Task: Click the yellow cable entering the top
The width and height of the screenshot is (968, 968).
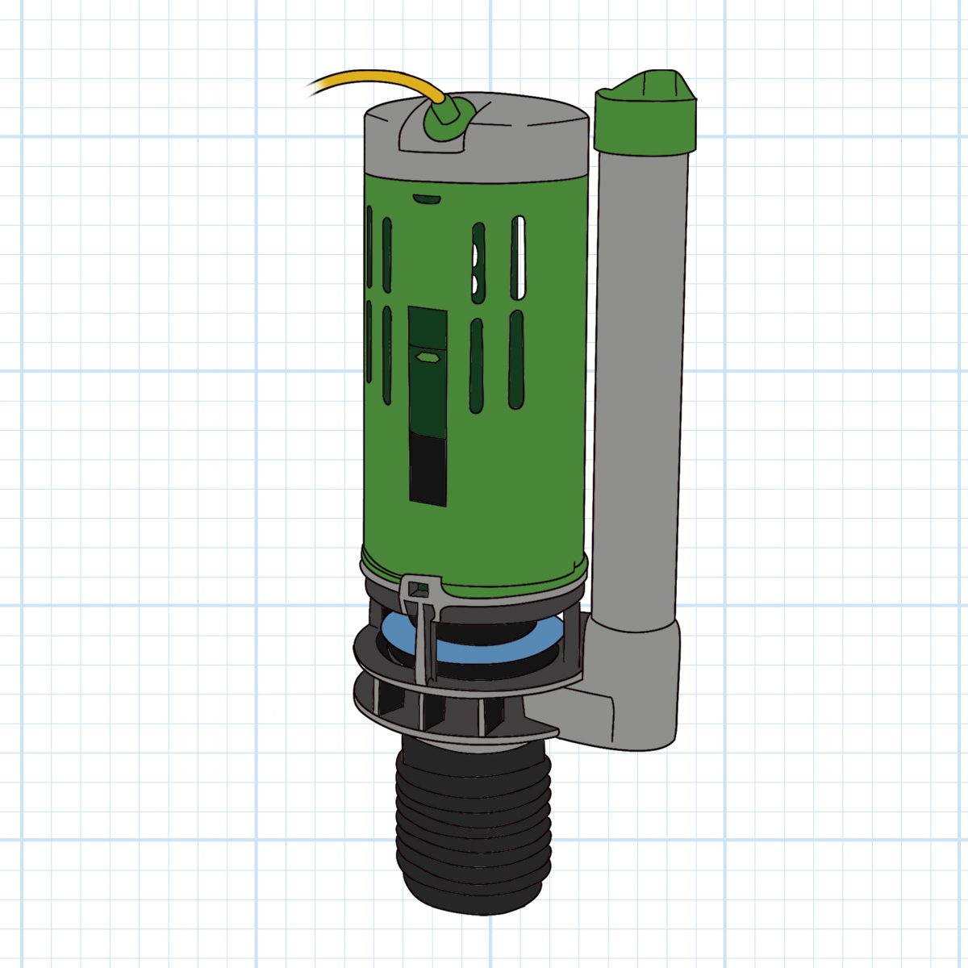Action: [x=379, y=77]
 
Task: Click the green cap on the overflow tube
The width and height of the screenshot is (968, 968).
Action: [x=645, y=121]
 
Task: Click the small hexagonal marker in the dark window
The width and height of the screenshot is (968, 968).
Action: [x=425, y=354]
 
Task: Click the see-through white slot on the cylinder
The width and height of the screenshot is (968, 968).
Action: [x=518, y=258]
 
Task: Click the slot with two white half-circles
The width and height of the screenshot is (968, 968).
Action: [x=478, y=263]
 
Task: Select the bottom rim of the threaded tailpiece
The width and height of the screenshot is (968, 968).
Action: [x=472, y=903]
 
